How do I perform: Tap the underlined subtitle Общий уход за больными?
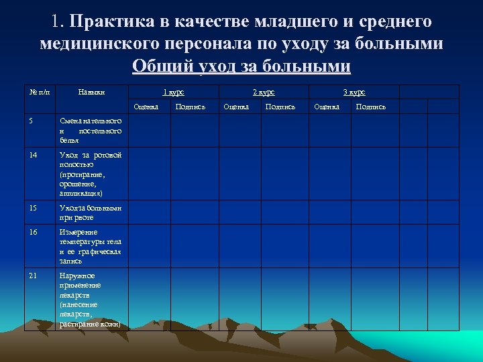pos(241,66)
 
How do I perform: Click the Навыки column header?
pos(91,92)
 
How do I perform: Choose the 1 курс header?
pos(174,92)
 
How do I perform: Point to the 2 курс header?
pos(263,92)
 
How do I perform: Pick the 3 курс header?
pos(354,92)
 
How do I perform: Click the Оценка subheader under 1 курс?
pos(146,107)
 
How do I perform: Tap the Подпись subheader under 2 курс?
pos(280,107)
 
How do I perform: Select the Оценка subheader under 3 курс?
pos(327,107)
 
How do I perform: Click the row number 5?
pos(32,121)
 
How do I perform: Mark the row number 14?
pos(34,155)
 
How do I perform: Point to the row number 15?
pos(34,208)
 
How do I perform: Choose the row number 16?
pos(34,232)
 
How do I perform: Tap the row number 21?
pos(34,276)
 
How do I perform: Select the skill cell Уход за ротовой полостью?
pos(91,174)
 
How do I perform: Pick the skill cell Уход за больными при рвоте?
pos(91,213)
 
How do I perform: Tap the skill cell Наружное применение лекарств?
pos(91,300)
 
